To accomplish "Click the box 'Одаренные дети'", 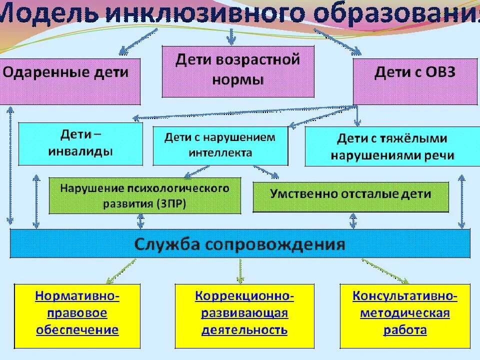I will click(70, 81).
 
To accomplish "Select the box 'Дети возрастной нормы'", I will click(238, 71).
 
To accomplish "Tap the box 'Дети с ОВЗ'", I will click(415, 81).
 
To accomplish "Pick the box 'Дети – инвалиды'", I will click(80, 144).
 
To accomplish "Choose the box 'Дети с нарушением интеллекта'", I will click(220, 145).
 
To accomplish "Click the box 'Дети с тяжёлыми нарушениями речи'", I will click(392, 146).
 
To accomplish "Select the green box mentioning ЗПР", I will click(144, 195).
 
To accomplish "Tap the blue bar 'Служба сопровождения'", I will click(240, 243).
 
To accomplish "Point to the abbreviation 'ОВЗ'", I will click(440, 72).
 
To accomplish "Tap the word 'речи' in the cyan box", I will click(440, 155).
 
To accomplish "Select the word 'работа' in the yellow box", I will click(405, 330).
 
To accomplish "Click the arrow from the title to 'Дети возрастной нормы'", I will click(230, 36).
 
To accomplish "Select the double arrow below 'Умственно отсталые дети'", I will click(353, 220).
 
